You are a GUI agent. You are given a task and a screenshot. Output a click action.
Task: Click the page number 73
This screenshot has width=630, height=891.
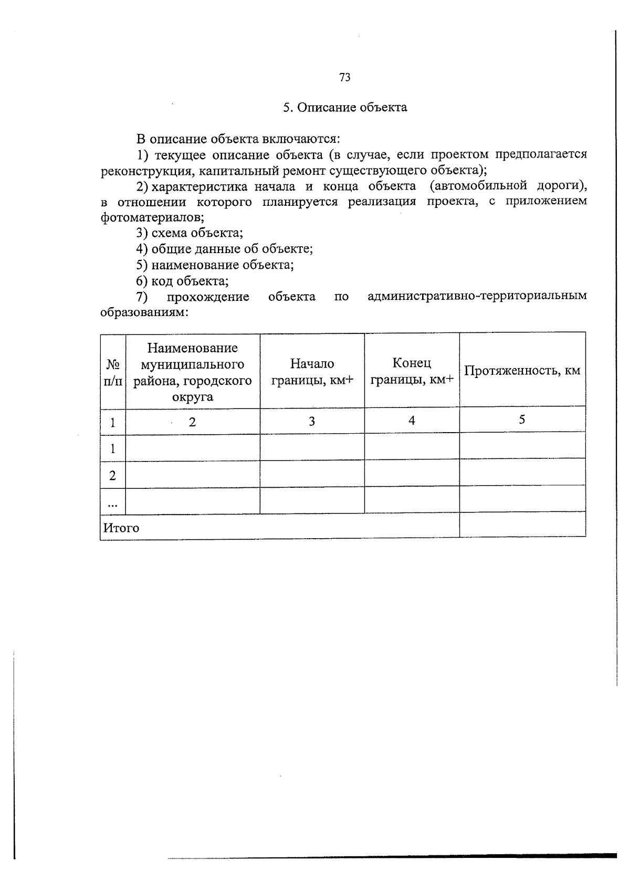[x=345, y=78]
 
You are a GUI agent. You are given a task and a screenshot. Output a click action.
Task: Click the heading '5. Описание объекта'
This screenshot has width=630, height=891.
[x=345, y=108]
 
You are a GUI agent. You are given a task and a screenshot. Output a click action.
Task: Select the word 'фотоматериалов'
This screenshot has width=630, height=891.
[x=152, y=217]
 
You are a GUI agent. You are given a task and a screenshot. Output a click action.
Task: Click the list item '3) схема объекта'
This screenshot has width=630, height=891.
[x=190, y=233]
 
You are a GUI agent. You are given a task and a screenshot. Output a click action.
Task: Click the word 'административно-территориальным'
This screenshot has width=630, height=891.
[x=477, y=297]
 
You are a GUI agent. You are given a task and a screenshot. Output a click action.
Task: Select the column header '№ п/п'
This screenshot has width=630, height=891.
[x=113, y=372]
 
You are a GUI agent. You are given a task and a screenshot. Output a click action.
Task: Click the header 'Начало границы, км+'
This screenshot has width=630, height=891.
[x=312, y=372]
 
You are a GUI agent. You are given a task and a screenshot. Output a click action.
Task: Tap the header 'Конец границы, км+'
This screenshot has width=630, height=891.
[x=412, y=371]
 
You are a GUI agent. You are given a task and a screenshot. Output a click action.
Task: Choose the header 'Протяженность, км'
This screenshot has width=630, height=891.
[x=522, y=371]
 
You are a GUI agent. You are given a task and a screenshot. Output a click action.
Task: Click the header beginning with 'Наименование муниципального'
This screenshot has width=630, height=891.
[x=193, y=372]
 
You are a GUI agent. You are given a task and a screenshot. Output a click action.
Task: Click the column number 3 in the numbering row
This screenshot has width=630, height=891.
[x=312, y=422]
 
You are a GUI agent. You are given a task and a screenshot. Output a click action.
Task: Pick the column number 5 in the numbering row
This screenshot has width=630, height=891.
[x=522, y=420]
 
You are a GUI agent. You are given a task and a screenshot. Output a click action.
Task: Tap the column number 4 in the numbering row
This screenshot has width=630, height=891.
[x=412, y=421]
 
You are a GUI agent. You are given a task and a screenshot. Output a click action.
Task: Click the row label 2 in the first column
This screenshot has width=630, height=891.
[x=112, y=476]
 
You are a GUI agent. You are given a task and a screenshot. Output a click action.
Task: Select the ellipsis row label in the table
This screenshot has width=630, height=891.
[x=112, y=504]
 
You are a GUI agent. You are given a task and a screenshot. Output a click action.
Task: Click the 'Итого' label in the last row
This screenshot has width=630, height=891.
[x=121, y=528]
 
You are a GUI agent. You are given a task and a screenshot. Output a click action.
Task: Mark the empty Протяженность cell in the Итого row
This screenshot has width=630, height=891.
[x=522, y=525]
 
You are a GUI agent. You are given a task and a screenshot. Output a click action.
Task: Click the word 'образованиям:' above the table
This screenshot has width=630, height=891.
[x=144, y=312]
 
